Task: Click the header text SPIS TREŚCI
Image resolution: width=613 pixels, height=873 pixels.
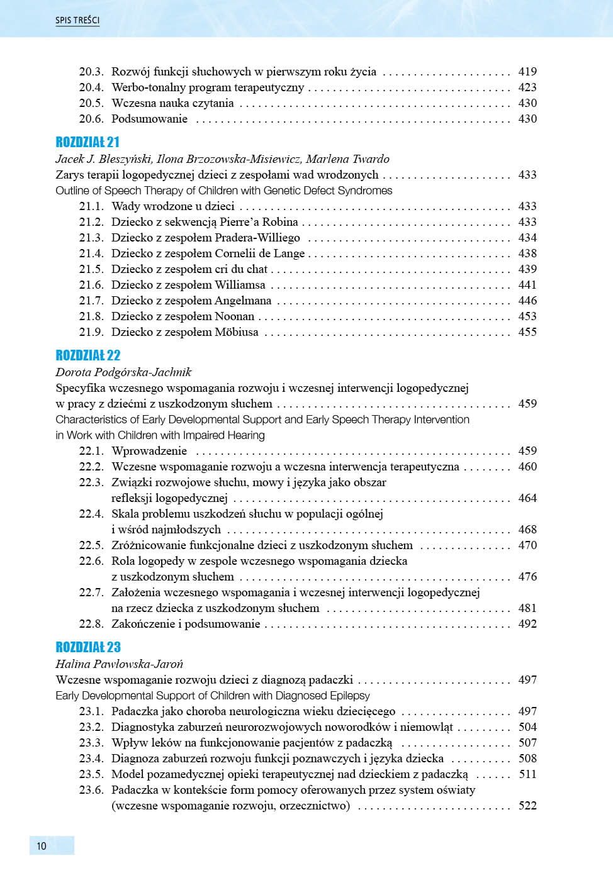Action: tap(77, 20)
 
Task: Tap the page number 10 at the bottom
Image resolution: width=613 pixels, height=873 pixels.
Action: tap(42, 846)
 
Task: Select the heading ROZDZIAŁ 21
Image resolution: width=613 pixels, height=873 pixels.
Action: tap(87, 142)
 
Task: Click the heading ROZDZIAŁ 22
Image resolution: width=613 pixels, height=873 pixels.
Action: tap(87, 355)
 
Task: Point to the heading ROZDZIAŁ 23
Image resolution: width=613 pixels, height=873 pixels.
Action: tap(87, 647)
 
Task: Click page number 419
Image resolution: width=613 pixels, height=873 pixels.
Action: tap(527, 72)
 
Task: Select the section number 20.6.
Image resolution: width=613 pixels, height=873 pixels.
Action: tap(91, 119)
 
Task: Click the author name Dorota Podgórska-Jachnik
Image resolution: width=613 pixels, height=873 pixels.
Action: tap(123, 372)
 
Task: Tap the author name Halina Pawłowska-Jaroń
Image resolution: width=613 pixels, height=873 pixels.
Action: tap(120, 664)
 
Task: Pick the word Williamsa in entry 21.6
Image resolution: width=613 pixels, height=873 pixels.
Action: tap(240, 285)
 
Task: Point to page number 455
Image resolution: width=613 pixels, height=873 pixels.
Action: tap(527, 332)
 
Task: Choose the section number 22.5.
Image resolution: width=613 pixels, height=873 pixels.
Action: tap(91, 545)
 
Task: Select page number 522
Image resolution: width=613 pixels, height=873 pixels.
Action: tap(527, 806)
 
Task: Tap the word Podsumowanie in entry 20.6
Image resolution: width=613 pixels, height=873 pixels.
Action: tap(149, 119)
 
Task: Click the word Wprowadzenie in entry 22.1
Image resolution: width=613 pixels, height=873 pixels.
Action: tap(149, 451)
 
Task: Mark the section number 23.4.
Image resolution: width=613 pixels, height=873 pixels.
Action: tap(91, 759)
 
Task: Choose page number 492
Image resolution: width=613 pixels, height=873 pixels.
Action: tap(527, 624)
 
